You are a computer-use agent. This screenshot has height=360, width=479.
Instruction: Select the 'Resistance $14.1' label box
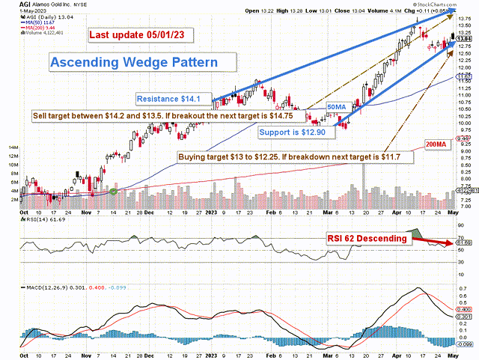pyautogui.click(x=174, y=99)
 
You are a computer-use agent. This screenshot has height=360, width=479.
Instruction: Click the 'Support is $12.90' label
pyautogui.click(x=293, y=132)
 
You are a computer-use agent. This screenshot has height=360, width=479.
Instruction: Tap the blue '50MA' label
pyautogui.click(x=338, y=109)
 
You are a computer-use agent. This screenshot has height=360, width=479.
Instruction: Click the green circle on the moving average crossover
pyautogui.click(x=114, y=192)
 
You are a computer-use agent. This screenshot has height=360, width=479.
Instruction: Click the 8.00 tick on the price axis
pyautogui.click(x=463, y=180)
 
